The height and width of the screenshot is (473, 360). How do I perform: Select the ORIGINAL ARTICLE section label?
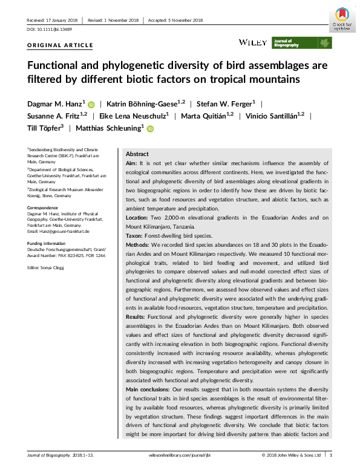pyautogui.click(x=61, y=45)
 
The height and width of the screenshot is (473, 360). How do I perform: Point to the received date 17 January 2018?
pyautogui.click(x=60, y=20)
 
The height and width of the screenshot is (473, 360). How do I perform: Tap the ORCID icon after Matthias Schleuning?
pyautogui.click(x=149, y=128)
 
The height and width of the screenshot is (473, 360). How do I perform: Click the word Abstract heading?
pyautogui.click(x=137, y=154)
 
